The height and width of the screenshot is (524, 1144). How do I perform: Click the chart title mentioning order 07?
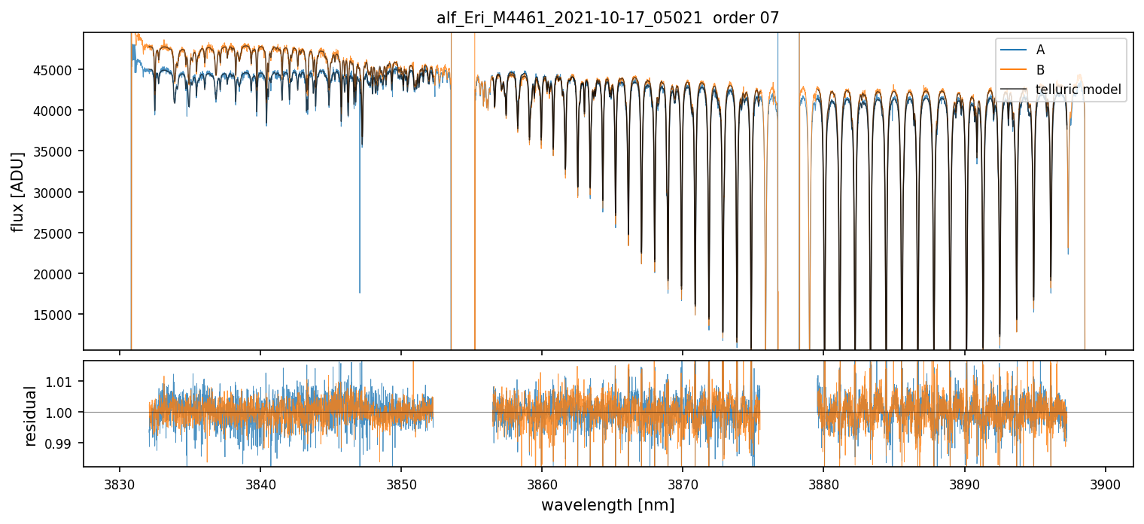608,18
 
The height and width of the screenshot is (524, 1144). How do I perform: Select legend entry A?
1040,50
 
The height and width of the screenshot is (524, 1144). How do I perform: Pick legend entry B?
1040,70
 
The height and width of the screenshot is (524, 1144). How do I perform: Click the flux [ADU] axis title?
17,191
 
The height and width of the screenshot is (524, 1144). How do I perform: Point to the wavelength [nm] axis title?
608,505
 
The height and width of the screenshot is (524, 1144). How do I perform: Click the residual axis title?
31,416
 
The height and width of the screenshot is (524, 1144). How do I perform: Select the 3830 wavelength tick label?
120,482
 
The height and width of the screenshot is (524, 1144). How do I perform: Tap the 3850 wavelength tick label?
401,482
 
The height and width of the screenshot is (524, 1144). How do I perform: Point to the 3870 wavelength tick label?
683,482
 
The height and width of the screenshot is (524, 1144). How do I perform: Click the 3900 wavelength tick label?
1105,482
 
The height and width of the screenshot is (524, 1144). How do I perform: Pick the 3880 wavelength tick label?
823,482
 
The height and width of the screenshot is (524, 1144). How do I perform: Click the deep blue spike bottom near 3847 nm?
360,291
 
